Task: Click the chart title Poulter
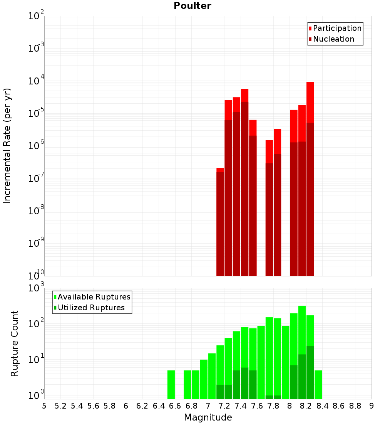(192, 6)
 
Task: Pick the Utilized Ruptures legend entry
(91, 308)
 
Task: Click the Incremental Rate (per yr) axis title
(7, 146)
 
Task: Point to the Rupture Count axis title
(15, 343)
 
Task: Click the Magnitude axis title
(208, 417)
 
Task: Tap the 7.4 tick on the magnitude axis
(241, 406)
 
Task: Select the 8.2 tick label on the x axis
(306, 406)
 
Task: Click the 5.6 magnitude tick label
(93, 406)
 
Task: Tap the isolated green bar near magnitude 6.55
(171, 385)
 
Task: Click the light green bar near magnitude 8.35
(318, 385)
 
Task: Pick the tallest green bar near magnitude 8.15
(302, 347)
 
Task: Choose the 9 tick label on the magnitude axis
(372, 406)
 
